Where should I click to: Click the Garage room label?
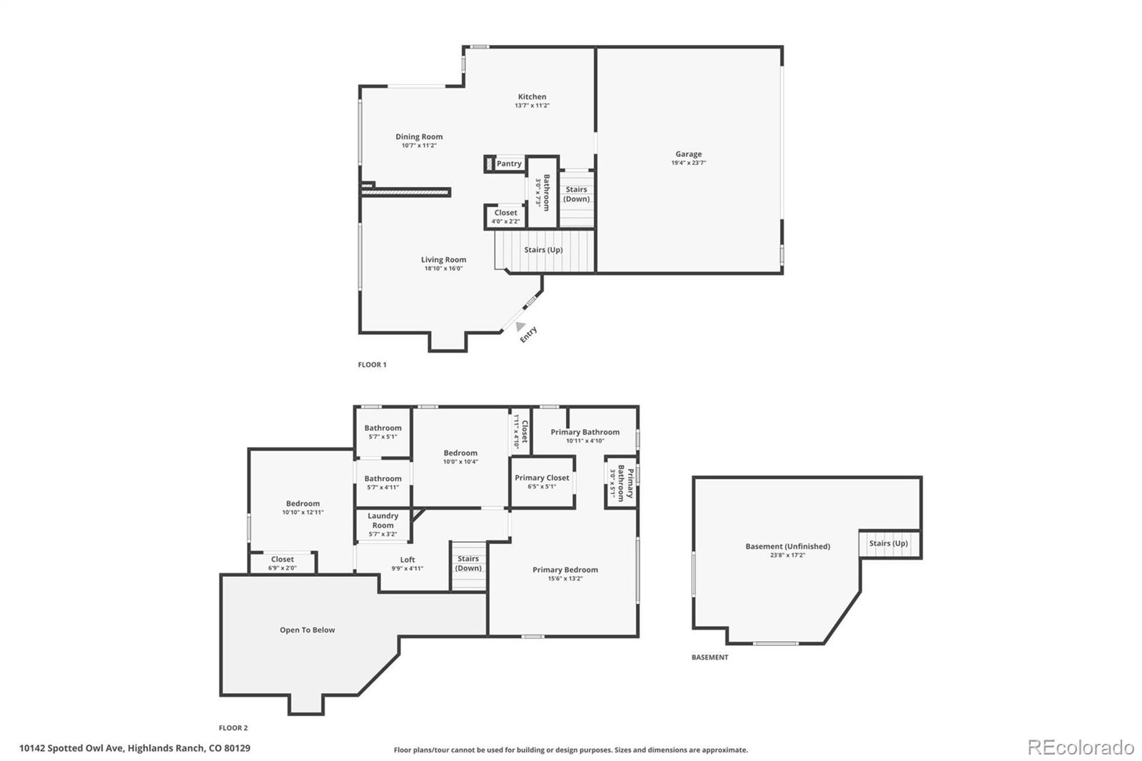pos(688,154)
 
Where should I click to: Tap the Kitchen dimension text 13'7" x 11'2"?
pos(532,106)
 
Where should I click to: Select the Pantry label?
pos(509,164)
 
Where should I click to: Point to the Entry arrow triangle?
pos(520,326)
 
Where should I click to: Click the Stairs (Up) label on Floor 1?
pos(543,250)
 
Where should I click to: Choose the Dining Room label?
pos(419,137)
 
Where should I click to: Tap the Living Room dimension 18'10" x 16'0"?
pos(443,269)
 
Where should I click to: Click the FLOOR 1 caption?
pos(372,365)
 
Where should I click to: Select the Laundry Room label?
pos(383,520)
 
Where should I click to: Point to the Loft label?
pos(407,560)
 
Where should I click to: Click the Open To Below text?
pos(307,630)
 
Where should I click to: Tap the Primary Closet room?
pos(542,482)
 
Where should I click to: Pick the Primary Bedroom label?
pos(565,570)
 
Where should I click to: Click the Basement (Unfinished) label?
pos(787,546)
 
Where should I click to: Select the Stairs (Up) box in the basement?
pos(889,544)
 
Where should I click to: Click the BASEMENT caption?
pos(709,657)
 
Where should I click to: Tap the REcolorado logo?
pos(1080,747)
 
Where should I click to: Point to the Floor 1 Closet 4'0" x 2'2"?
pos(505,216)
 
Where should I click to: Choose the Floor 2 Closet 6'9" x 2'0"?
pos(282,563)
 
